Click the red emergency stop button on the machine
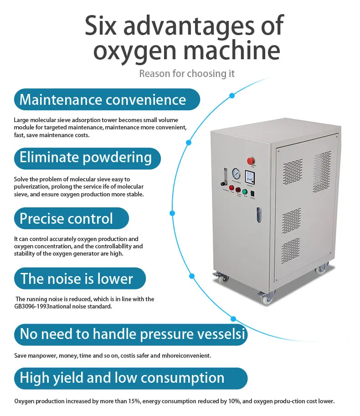pos(251,160)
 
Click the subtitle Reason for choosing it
pos(187,73)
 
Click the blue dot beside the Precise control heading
pos(172,213)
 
